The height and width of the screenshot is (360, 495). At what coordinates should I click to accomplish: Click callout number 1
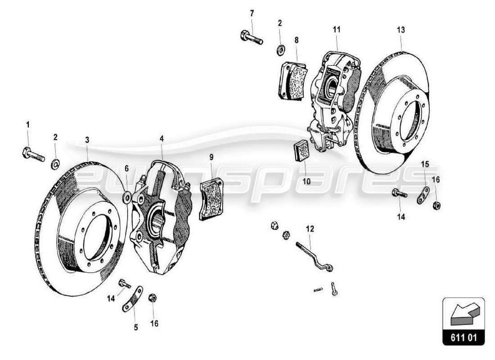tap(27, 125)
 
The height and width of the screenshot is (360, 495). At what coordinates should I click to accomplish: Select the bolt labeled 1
tap(32, 154)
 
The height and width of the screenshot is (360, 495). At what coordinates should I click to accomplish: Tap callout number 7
tap(252, 13)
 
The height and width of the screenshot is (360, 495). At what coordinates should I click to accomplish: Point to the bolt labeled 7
tap(251, 36)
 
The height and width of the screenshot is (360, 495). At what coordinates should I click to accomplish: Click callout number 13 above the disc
tap(401, 30)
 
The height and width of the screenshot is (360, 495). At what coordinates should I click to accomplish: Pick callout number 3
tap(87, 140)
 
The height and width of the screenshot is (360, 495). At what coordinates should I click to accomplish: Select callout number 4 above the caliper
tap(162, 139)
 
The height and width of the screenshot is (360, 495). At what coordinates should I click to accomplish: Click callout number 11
tap(337, 30)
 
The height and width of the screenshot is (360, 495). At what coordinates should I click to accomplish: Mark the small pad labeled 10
tap(300, 150)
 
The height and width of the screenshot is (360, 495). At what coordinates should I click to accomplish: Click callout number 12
tap(310, 229)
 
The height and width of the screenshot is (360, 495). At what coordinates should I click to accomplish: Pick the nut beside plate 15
tap(436, 206)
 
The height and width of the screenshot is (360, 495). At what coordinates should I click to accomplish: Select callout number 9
tap(211, 157)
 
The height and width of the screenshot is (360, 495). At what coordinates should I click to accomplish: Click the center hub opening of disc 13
tap(409, 119)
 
